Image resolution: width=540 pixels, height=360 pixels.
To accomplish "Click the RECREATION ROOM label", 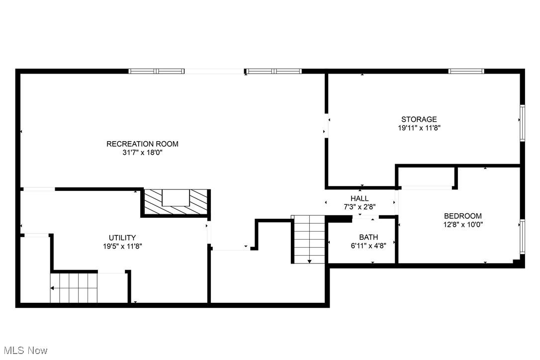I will click(x=142, y=144).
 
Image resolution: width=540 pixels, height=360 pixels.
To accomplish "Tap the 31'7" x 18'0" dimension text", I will click(x=142, y=153).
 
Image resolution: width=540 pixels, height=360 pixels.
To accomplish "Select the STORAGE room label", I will click(x=419, y=119).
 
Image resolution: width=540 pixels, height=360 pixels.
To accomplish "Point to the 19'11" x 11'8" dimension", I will click(x=419, y=128).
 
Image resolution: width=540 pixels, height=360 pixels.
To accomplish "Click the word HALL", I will click(x=360, y=198).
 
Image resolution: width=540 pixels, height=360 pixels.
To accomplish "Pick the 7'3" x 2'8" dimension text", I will click(x=360, y=206).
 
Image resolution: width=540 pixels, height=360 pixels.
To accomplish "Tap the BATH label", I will click(x=368, y=237).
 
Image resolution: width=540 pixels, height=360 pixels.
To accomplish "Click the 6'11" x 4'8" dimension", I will click(x=368, y=246).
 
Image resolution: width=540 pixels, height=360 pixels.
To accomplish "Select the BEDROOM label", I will click(x=462, y=216).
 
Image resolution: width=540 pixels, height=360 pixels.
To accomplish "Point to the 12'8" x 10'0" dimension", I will click(x=462, y=224).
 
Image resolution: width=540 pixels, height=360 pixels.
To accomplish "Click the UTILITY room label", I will click(x=122, y=238).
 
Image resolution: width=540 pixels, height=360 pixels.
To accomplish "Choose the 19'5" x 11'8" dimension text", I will click(x=122, y=246).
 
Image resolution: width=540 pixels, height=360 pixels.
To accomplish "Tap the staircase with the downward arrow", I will click(x=309, y=239).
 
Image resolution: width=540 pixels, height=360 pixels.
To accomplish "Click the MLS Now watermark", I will click(x=24, y=351).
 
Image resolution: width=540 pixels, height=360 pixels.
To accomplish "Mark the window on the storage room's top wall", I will click(x=466, y=71).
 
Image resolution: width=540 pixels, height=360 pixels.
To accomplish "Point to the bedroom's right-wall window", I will click(x=522, y=237).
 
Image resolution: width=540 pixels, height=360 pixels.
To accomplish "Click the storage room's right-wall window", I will click(x=522, y=122).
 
